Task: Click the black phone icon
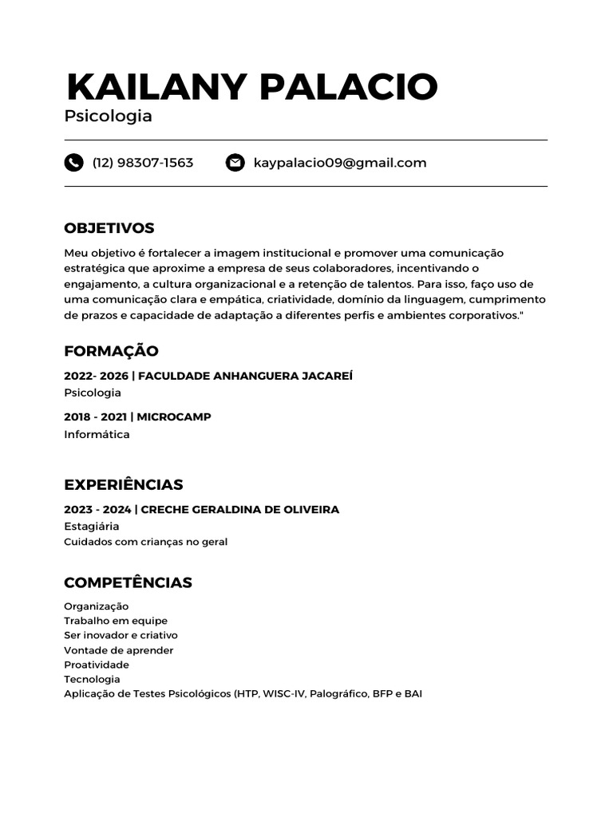(x=73, y=163)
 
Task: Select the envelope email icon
(x=235, y=163)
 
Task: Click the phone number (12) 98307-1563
(x=143, y=163)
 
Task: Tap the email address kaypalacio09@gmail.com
(x=340, y=163)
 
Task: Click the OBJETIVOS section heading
(x=109, y=228)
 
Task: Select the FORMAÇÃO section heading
(x=111, y=351)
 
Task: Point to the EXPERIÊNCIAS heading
(x=124, y=484)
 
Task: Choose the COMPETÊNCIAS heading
(x=128, y=582)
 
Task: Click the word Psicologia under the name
(x=108, y=116)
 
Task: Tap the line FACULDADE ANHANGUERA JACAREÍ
(x=245, y=376)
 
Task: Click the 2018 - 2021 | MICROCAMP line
(x=137, y=416)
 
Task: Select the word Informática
(x=97, y=435)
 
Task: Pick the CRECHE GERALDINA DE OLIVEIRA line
(x=239, y=509)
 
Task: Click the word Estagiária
(x=92, y=527)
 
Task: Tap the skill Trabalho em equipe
(x=116, y=621)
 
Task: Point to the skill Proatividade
(x=97, y=665)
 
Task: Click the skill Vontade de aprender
(x=119, y=650)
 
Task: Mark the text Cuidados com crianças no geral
(x=146, y=542)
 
